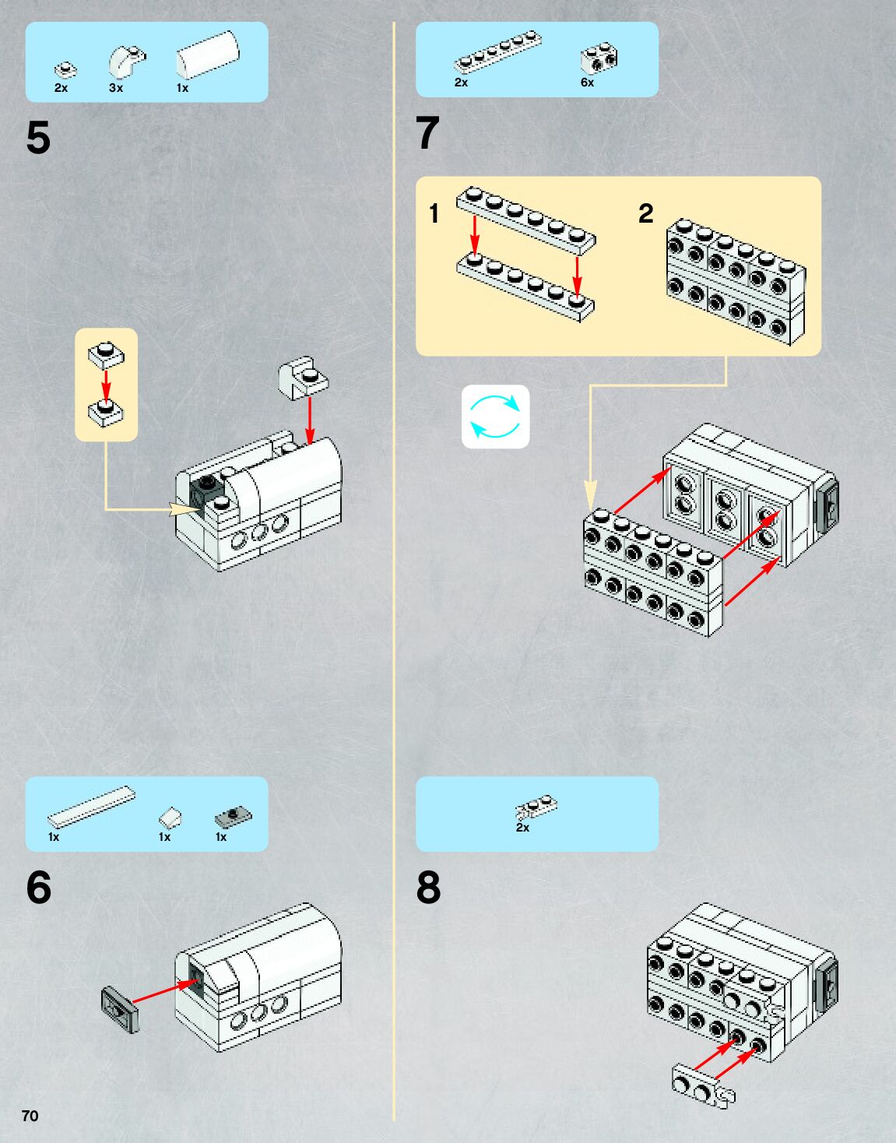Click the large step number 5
point(38,139)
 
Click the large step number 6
point(38,888)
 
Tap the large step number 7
point(427,133)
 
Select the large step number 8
point(428,888)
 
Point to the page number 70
point(30,1116)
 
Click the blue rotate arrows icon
point(495,417)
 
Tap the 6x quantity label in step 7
point(587,83)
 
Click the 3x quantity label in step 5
point(116,89)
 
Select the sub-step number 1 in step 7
point(434,213)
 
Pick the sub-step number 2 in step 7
point(645,213)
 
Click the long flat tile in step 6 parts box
point(91,806)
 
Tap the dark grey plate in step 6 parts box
point(233,816)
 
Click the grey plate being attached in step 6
point(120,1009)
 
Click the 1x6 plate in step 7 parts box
point(498,53)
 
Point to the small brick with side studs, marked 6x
point(599,58)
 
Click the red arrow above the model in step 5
point(310,420)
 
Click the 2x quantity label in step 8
point(522,828)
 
